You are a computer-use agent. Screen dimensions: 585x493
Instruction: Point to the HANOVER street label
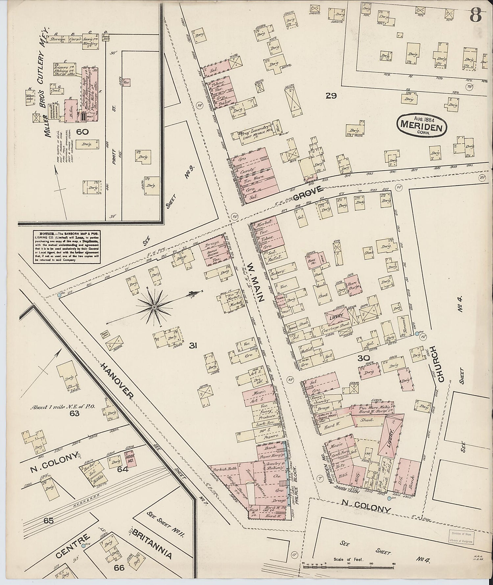point(117,381)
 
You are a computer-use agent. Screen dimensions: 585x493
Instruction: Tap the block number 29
point(331,96)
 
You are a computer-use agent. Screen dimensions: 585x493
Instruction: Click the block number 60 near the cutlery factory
point(82,132)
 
